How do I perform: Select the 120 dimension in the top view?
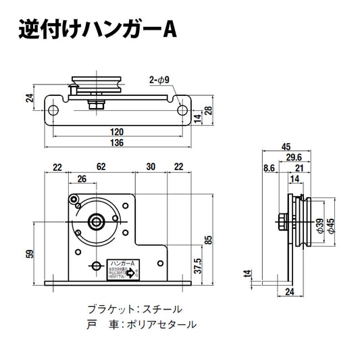tap(118, 132)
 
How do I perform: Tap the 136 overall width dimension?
tap(118, 143)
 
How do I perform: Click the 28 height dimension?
tap(209, 111)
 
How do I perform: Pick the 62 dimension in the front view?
tap(101, 167)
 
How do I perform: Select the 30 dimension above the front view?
tap(151, 167)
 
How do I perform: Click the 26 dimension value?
tap(81, 179)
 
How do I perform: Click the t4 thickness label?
tap(248, 274)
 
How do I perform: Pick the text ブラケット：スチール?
tap(134, 309)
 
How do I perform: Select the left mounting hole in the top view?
tap(54, 109)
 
